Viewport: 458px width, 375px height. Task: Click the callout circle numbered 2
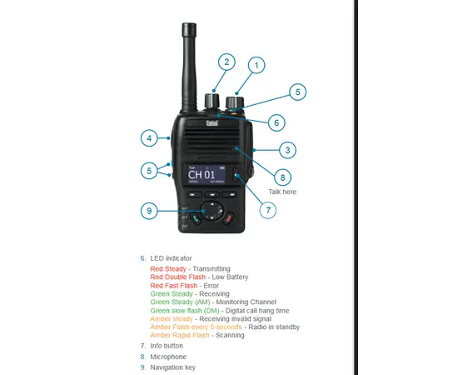[227, 62]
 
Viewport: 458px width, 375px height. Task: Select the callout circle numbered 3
[287, 150]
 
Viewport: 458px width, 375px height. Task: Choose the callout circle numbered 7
[269, 210]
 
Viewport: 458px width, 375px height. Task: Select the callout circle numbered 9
[149, 211]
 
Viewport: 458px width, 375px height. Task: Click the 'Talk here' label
[282, 192]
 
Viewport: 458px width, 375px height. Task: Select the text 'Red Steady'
[168, 269]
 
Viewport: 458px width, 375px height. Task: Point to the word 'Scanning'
[230, 335]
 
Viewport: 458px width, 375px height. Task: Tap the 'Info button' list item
[167, 345]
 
